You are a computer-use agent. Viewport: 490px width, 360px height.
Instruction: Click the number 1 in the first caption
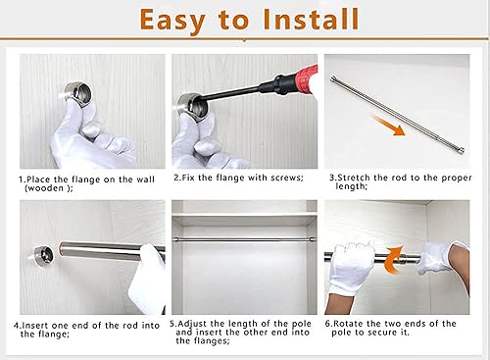pos(22,180)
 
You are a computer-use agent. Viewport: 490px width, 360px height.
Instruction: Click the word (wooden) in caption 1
pos(49,188)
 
